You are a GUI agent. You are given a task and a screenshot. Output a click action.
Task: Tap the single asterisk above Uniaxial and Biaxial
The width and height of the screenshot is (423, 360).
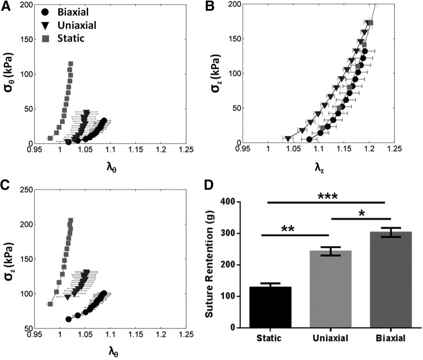(362, 212)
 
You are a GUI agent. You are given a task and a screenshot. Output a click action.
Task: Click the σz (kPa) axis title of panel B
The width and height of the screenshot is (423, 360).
(218, 73)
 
